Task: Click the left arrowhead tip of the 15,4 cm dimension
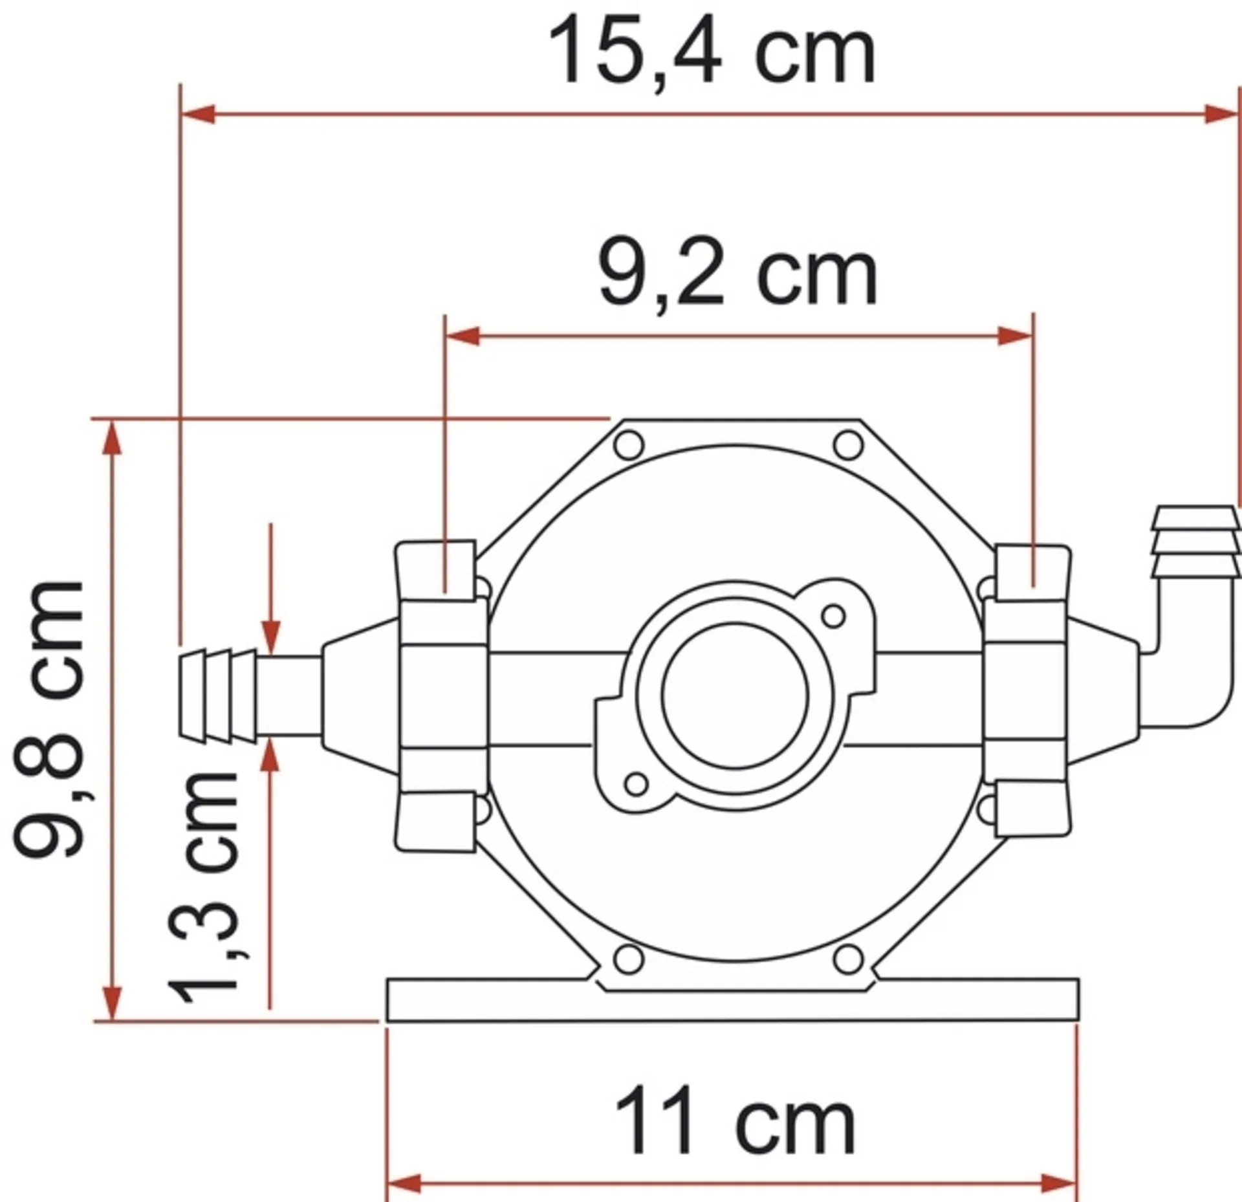pos(182,115)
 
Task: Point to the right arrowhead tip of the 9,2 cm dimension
pos(1032,336)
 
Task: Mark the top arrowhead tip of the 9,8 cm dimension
pos(113,421)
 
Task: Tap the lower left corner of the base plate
pos(387,1022)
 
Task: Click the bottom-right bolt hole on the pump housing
pos(848,959)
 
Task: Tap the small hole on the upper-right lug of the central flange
pos(834,615)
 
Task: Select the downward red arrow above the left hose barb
pos(271,589)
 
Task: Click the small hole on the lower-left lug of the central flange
pos(637,784)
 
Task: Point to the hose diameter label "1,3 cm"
pos(203,887)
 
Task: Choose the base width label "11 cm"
pos(735,1122)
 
